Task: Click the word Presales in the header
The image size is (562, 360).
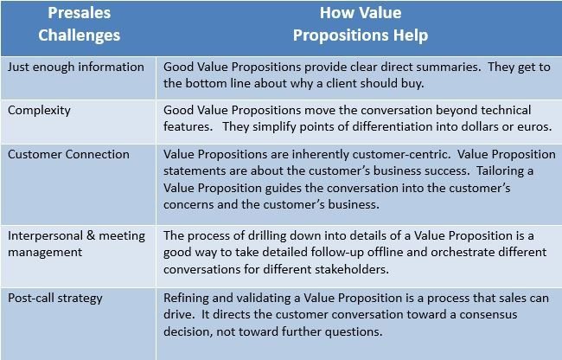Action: point(80,13)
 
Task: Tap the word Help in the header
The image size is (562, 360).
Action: point(411,35)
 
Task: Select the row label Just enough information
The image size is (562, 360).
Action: point(76,67)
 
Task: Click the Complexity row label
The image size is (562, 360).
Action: point(39,111)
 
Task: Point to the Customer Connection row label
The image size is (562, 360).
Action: point(68,155)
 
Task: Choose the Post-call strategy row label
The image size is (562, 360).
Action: point(55,299)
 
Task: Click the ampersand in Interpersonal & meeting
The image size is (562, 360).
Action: point(91,235)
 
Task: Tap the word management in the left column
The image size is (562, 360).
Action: point(45,253)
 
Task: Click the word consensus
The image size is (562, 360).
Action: point(489,315)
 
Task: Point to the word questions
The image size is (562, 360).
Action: point(354,332)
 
